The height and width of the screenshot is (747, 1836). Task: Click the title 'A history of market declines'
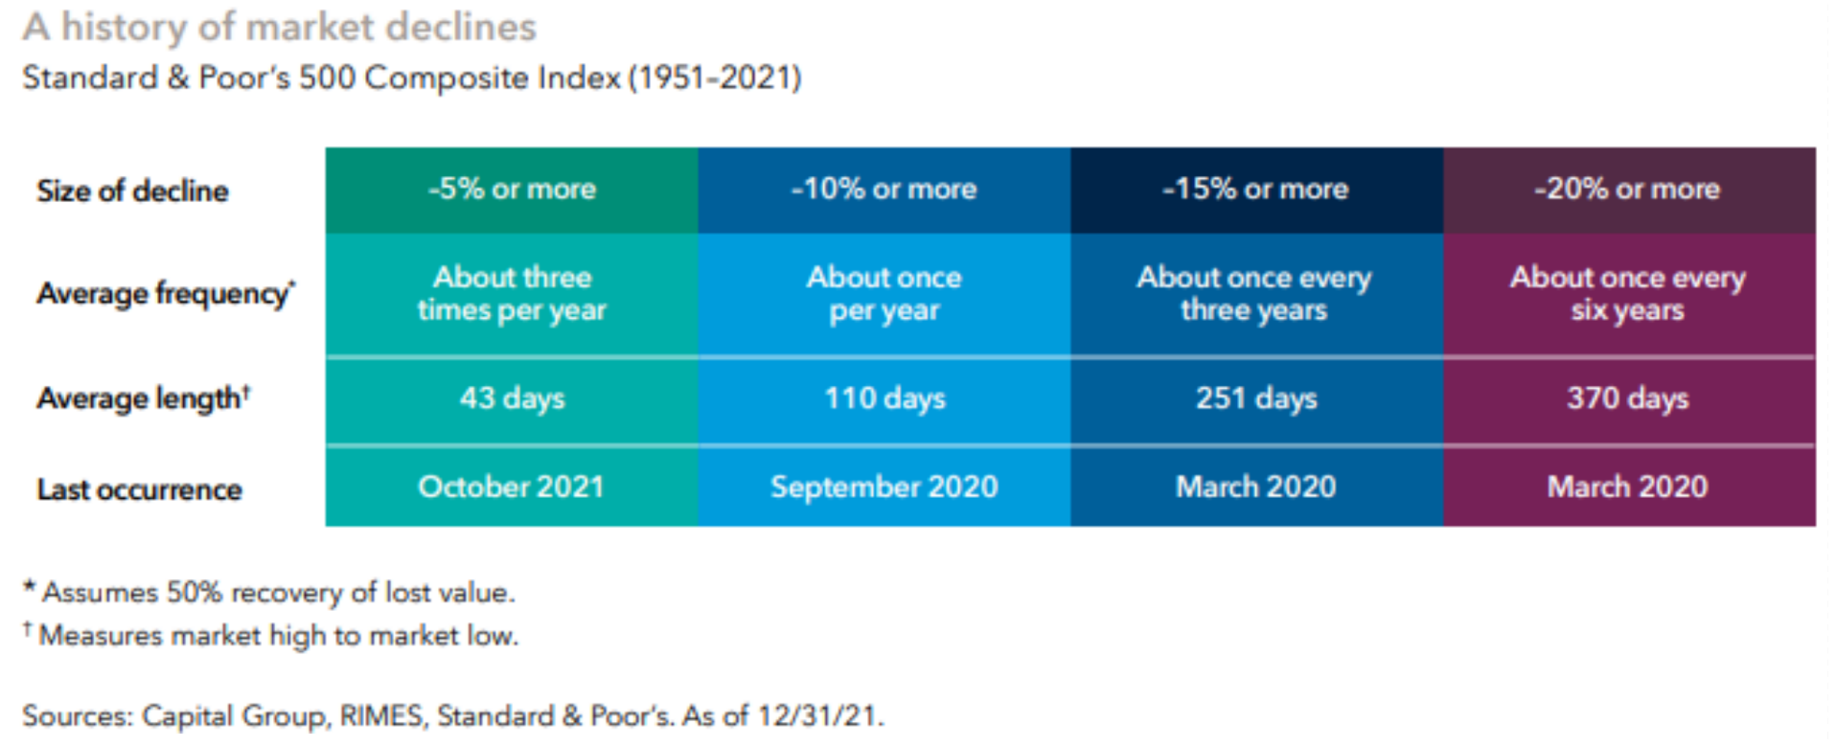coord(280,28)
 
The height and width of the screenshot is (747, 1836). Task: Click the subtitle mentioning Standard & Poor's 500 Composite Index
coord(412,78)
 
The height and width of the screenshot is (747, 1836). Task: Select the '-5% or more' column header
coord(512,189)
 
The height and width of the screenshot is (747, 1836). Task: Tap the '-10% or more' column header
coord(884,189)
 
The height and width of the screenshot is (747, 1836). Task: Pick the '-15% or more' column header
coord(1255,189)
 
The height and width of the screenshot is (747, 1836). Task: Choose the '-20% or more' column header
coord(1627,189)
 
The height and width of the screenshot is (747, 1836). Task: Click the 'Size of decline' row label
coord(133,191)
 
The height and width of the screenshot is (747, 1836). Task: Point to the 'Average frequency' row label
coord(166,293)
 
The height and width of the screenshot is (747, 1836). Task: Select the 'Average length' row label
coord(144,397)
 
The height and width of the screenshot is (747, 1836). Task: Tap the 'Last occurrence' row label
coord(140,489)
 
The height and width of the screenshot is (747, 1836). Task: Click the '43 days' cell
coord(513,397)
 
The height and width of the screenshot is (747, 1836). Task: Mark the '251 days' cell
coord(1256,397)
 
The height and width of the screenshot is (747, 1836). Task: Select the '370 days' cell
coord(1628,397)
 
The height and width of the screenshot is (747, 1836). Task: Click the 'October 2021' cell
coord(512,487)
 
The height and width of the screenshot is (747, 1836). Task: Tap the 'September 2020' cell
coord(884,487)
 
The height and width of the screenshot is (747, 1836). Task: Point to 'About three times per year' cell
coord(512,293)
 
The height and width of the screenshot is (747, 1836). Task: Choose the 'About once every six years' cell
coord(1628,293)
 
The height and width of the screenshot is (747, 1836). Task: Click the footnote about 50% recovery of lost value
coord(269,593)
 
